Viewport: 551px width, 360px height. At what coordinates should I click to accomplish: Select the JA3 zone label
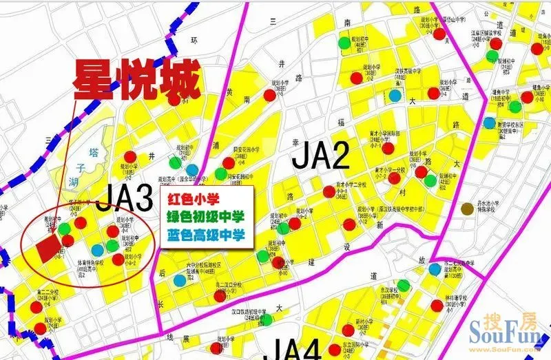124,199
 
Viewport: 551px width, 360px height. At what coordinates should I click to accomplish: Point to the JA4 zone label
292,349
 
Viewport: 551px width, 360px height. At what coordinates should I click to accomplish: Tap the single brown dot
468,209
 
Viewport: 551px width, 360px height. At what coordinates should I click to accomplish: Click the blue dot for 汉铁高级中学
395,96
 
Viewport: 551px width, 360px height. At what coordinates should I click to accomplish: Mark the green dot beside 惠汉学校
404,285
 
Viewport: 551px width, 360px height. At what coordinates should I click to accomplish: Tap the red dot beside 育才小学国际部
388,148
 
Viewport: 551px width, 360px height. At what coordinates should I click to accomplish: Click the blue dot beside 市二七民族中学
435,269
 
